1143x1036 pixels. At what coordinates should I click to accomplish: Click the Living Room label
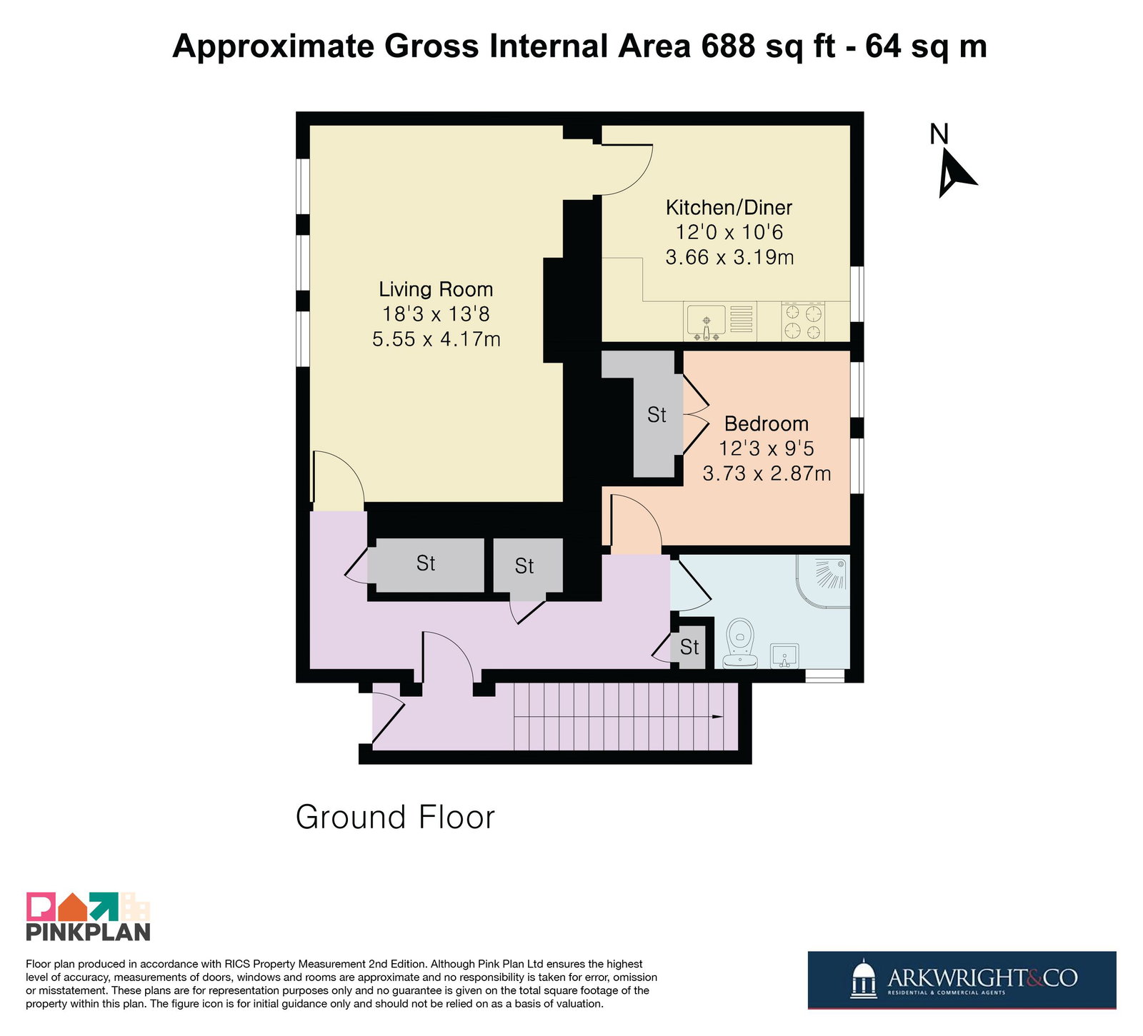[436, 289]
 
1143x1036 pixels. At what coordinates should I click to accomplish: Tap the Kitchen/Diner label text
[729, 208]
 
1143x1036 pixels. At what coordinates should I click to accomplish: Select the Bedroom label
[767, 424]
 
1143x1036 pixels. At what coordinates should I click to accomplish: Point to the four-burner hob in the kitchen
[803, 321]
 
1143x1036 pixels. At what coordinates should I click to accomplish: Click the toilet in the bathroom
[741, 643]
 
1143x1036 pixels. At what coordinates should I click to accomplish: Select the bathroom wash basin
[784, 655]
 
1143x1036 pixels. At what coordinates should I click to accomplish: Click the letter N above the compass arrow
[939, 134]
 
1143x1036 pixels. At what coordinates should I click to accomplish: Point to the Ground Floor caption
[395, 818]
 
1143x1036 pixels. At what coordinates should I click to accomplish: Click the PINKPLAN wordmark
[89, 932]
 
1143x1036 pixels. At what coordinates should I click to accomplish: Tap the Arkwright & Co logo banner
[962, 980]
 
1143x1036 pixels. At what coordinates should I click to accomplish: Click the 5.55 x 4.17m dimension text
[436, 339]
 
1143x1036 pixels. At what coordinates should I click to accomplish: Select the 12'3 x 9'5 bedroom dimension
[767, 448]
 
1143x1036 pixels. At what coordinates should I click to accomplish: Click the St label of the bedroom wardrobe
[657, 415]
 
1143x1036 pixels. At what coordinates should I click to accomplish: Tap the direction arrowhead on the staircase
[716, 717]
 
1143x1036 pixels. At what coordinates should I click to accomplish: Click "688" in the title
[728, 46]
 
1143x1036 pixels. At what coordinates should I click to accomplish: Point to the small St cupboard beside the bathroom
[690, 648]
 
